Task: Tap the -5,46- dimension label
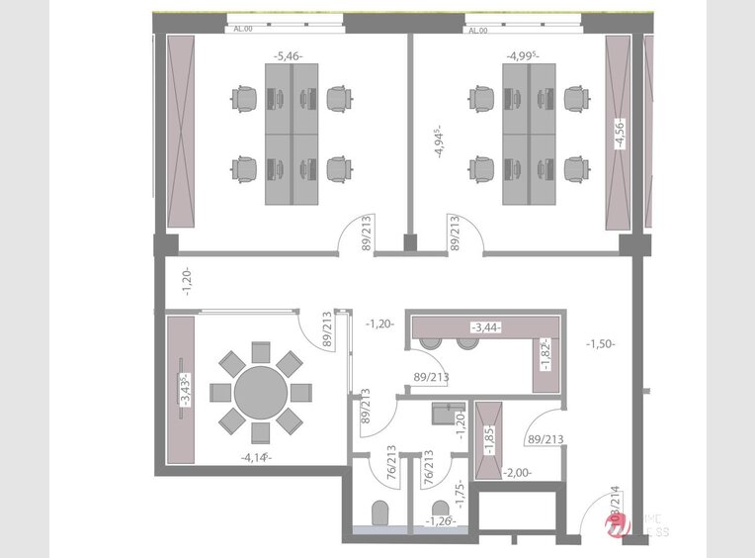pyautogui.click(x=288, y=56)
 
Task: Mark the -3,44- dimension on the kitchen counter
pyautogui.click(x=484, y=325)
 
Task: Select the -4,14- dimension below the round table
pyautogui.click(x=255, y=457)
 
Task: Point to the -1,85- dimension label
pyautogui.click(x=488, y=435)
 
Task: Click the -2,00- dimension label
pyautogui.click(x=519, y=473)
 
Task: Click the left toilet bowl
pyautogui.click(x=377, y=514)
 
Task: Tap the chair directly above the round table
pyautogui.click(x=261, y=351)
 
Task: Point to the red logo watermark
pyautogui.click(x=621, y=531)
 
